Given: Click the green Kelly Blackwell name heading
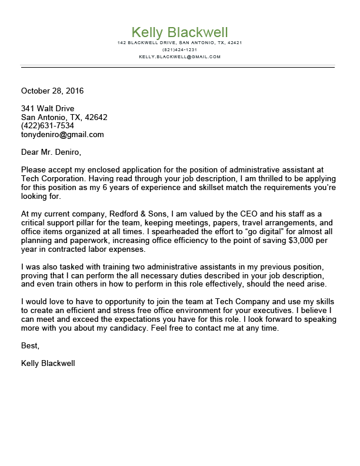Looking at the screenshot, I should (179, 32).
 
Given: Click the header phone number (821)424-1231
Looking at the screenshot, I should (179, 49).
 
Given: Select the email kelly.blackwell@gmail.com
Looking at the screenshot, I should (179, 56).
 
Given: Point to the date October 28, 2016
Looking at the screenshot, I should (52, 91).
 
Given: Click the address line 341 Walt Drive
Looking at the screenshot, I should (48, 108).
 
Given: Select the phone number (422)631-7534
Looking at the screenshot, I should (48, 125).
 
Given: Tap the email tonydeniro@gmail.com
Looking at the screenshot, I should (62, 134).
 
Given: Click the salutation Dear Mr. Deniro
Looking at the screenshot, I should (50, 152).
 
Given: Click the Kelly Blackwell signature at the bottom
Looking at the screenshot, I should (48, 364).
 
